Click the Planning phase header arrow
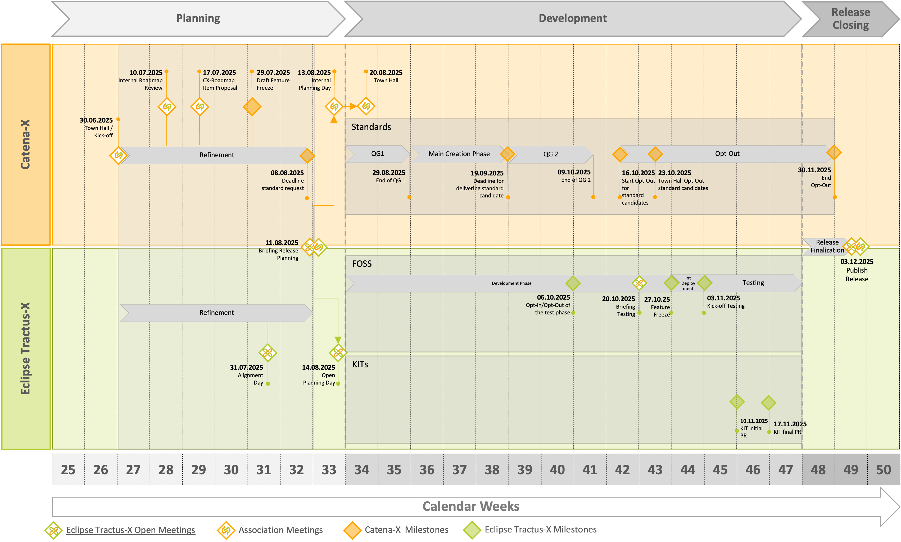198,18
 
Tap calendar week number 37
459,470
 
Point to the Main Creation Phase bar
459,154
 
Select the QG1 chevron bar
378,154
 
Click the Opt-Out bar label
727,154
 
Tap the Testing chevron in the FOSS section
753,283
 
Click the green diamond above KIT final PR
768,403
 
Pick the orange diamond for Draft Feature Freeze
252,107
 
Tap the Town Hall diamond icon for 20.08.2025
366,106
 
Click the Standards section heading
371,127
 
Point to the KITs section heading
360,364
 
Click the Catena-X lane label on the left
26,144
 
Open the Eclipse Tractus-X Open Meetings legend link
130,530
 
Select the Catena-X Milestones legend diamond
352,530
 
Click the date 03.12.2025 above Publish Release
857,261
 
